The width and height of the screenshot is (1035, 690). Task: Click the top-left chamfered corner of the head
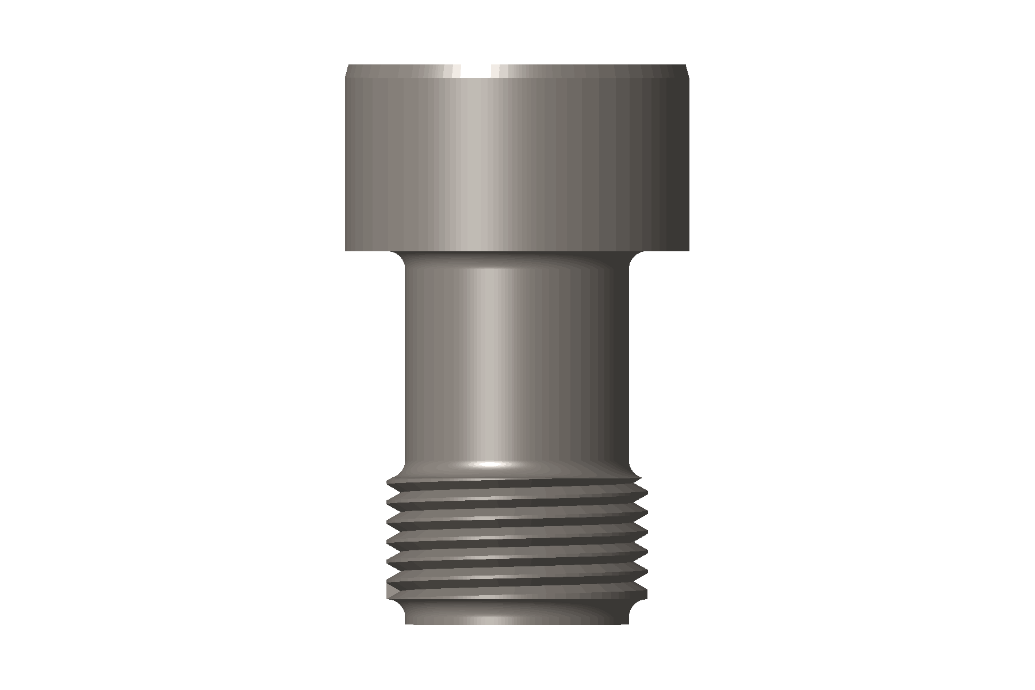[x=347, y=71]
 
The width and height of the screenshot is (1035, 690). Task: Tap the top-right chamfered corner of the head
[x=688, y=71]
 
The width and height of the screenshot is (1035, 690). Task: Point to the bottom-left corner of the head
[x=346, y=251]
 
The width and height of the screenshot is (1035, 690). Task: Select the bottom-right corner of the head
[x=689, y=251]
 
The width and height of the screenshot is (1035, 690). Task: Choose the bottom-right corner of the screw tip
[x=628, y=624]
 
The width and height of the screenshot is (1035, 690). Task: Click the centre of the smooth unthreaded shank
[x=517, y=362]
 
